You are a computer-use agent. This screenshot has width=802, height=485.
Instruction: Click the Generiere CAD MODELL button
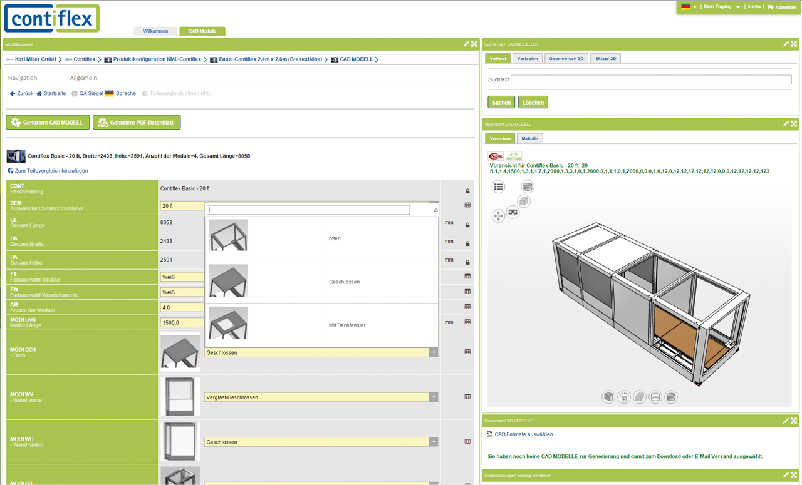48,123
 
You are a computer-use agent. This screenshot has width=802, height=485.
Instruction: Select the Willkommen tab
155,31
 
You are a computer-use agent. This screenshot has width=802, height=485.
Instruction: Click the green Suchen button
501,102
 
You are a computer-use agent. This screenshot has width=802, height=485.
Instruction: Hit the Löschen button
533,102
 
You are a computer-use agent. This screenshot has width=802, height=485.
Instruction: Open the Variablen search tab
527,59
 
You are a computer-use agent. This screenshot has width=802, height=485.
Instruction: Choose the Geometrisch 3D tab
566,59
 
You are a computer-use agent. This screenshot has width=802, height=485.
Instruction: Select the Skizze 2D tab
605,59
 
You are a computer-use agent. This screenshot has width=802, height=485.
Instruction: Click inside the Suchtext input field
650,80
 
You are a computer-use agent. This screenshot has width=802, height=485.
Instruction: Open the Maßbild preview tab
529,138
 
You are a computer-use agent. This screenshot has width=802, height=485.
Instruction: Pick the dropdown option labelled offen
335,238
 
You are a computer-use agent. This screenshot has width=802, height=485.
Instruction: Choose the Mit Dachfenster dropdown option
346,325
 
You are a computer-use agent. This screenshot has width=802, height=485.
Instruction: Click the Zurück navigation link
21,94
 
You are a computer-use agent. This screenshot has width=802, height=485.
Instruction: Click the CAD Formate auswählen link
523,434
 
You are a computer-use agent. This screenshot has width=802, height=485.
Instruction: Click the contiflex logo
52,19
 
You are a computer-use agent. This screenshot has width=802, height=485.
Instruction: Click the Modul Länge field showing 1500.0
182,323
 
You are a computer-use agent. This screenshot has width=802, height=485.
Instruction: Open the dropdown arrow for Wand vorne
434,397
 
